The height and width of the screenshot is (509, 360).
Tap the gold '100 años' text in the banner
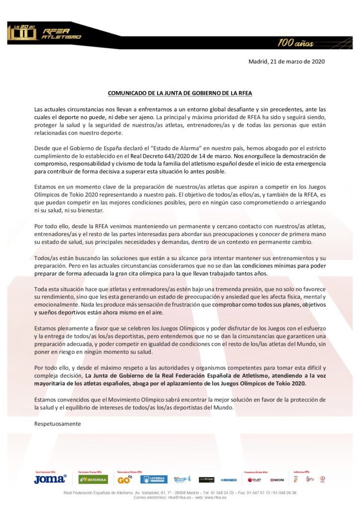[x=295, y=43]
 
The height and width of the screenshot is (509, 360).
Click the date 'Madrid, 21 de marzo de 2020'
[x=286, y=62]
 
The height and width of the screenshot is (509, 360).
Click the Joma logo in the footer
[x=50, y=479]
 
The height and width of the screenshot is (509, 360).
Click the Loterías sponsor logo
[x=154, y=480]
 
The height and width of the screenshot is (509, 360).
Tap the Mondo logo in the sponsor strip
[x=229, y=480]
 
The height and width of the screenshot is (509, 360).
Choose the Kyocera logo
[x=277, y=480]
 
